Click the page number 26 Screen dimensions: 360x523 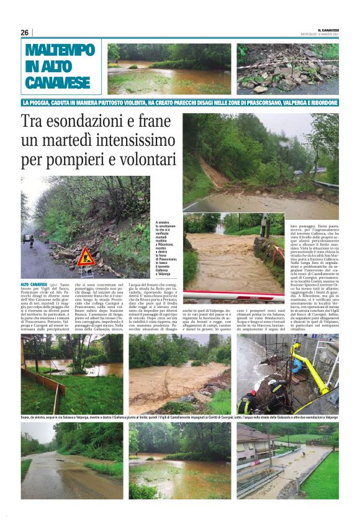pos(24,32)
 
